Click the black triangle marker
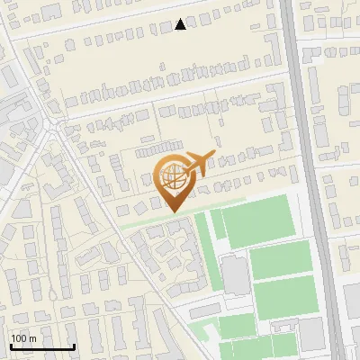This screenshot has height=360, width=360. click(x=181, y=25)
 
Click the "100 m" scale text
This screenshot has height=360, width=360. click(x=23, y=338)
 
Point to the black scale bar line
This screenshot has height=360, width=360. click(x=41, y=346)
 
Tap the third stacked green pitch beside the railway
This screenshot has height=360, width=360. click(x=285, y=296)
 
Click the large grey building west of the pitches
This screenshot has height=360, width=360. click(x=236, y=275)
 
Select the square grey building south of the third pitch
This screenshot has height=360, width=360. click(x=311, y=334)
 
